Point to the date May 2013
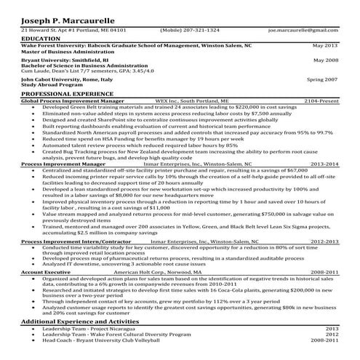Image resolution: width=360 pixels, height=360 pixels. point(325,44)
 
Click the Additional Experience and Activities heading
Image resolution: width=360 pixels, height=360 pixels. point(80,321)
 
